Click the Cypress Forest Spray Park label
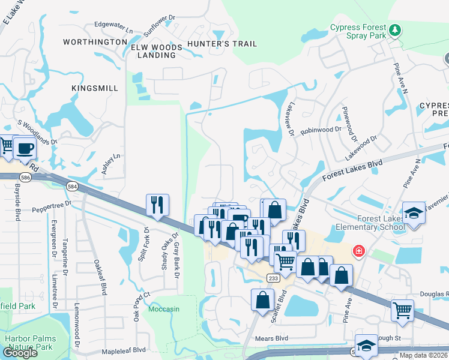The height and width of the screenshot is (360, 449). click(x=358, y=32)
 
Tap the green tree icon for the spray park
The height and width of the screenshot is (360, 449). click(x=395, y=29)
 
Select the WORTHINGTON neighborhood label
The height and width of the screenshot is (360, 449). click(x=96, y=43)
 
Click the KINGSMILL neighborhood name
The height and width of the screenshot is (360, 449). click(x=95, y=88)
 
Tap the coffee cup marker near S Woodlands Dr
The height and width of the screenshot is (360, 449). click(x=25, y=148)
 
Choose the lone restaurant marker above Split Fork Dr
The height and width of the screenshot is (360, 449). click(x=157, y=204)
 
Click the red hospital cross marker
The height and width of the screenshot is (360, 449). click(x=359, y=250)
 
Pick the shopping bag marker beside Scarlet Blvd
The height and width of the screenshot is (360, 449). click(x=263, y=300)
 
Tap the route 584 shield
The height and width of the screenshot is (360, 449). click(x=72, y=187)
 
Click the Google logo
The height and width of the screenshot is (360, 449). click(x=20, y=353)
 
